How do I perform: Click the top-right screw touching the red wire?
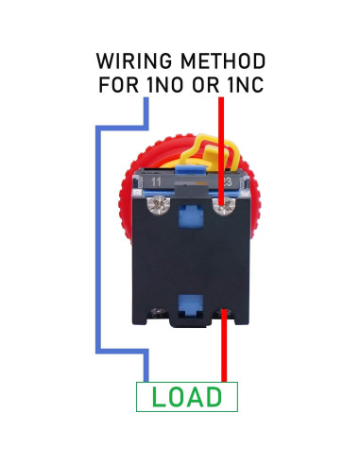click(222, 201)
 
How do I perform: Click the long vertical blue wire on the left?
click(94, 236)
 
